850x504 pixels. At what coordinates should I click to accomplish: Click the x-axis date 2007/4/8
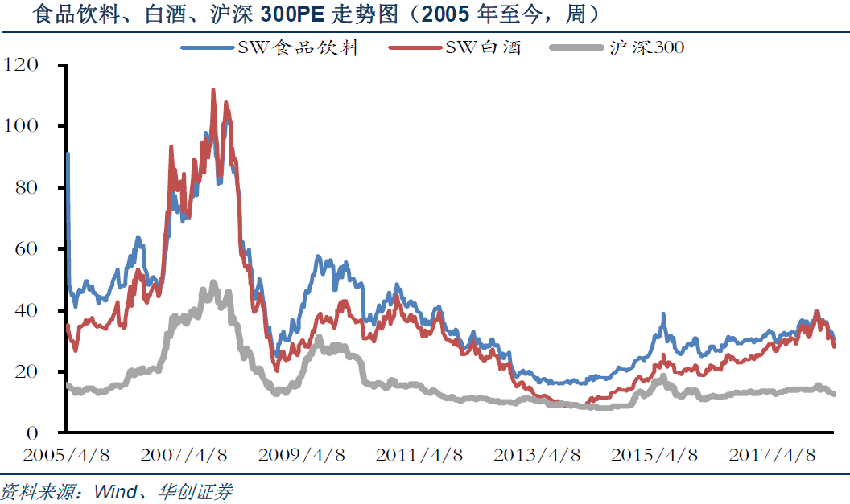click(x=184, y=455)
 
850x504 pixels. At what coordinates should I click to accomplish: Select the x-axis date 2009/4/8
click(x=302, y=455)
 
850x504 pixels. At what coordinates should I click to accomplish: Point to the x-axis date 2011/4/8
click(x=419, y=455)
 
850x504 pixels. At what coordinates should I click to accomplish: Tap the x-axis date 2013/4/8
click(x=537, y=455)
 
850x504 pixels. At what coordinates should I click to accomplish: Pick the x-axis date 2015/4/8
click(x=654, y=455)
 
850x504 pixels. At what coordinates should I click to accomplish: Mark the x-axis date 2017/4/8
click(x=772, y=455)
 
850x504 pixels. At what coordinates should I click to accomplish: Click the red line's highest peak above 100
click(x=213, y=90)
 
